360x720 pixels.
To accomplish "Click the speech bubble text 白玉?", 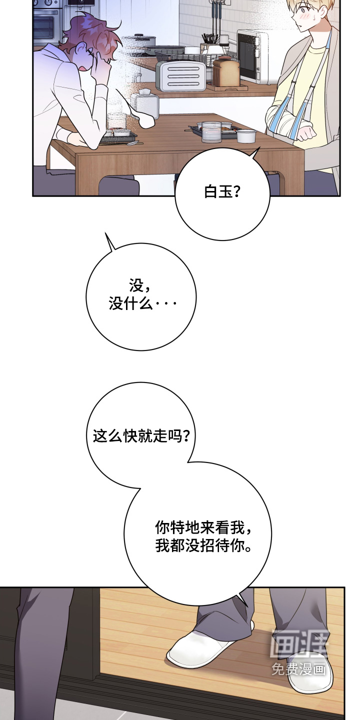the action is [x=222, y=192].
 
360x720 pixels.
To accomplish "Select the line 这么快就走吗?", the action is [x=141, y=436].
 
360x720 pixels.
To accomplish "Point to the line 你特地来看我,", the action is [x=203, y=527].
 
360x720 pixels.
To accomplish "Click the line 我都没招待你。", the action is [x=203, y=545].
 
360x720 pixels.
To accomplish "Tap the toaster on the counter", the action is [x=181, y=76].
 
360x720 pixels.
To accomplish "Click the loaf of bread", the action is [x=226, y=71].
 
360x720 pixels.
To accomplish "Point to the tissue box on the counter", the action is [x=147, y=103].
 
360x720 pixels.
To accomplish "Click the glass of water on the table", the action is [x=211, y=132].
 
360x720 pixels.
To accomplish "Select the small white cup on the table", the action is [x=246, y=135].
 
